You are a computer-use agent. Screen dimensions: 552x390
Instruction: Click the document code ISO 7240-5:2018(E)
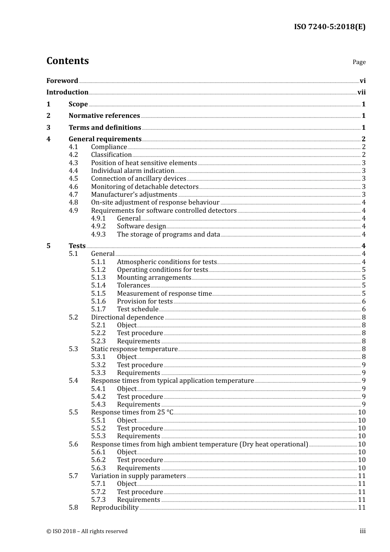(x=330, y=27)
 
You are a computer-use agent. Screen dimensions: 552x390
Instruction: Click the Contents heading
(x=68, y=61)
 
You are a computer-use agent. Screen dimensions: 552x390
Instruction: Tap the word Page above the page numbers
(x=359, y=62)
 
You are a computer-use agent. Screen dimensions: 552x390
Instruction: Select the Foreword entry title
(x=62, y=81)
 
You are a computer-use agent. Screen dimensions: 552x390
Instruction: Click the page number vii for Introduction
(x=361, y=92)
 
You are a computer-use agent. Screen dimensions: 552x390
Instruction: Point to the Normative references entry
(x=104, y=116)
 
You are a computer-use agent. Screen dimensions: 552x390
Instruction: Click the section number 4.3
(x=73, y=163)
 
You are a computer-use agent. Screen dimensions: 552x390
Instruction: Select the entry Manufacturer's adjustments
(x=134, y=195)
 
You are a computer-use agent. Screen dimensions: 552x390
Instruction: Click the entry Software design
(x=141, y=226)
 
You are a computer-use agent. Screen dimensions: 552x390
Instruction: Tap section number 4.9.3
(x=99, y=235)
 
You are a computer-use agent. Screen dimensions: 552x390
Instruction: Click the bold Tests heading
(x=77, y=246)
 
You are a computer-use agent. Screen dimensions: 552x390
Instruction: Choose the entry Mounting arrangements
(x=154, y=278)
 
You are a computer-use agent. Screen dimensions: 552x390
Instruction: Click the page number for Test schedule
(x=364, y=309)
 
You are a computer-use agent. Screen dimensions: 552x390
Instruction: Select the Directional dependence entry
(x=127, y=317)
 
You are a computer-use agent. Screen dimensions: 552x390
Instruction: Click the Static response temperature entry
(x=134, y=349)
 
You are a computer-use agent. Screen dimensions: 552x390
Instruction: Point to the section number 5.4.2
(x=99, y=397)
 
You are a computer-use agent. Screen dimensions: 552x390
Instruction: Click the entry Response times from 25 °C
(x=132, y=412)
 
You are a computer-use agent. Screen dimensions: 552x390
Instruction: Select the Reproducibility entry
(x=115, y=508)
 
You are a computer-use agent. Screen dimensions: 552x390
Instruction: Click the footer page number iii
(x=362, y=531)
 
